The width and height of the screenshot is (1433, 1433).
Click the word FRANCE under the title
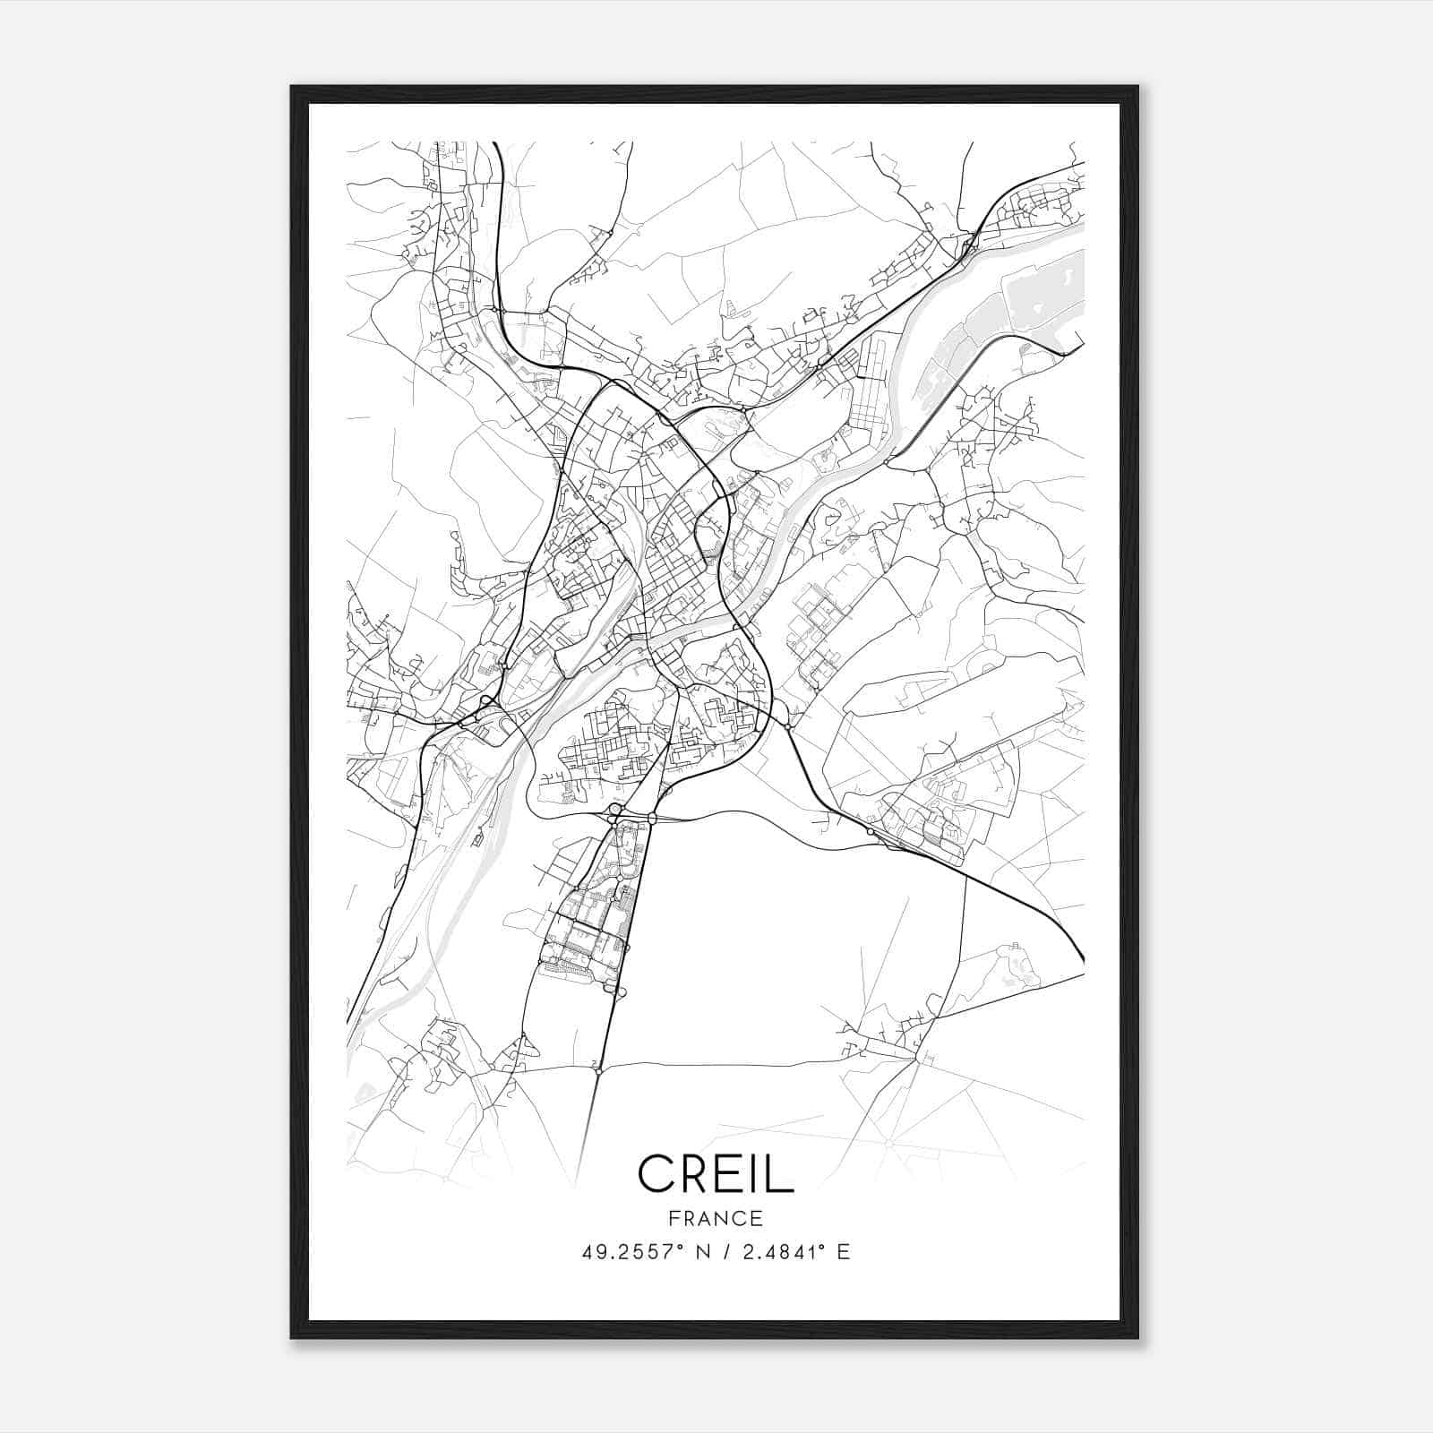(716, 1219)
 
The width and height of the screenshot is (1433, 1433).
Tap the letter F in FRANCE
(674, 1219)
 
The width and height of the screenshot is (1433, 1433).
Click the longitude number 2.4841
(783, 1252)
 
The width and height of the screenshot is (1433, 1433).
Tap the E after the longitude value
(844, 1252)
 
